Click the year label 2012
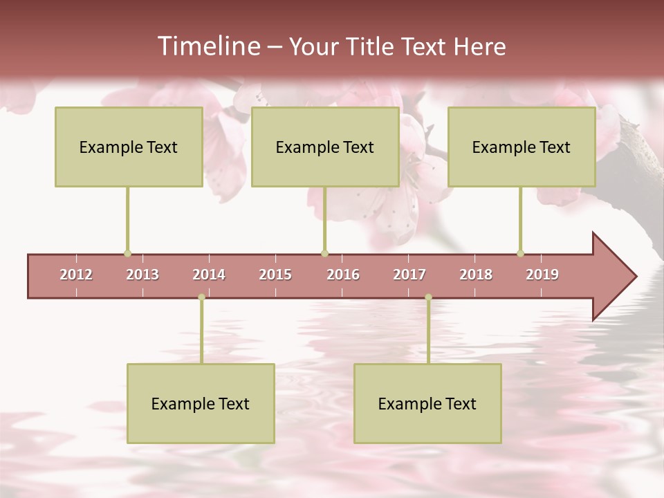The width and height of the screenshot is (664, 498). coord(76,275)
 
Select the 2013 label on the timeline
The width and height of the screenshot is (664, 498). coord(142,275)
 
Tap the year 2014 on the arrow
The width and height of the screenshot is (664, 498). coord(209,275)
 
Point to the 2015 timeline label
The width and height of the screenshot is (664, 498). coord(275,275)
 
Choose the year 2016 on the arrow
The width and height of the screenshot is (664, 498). coord(343,275)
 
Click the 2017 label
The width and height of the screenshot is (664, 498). coord(409,275)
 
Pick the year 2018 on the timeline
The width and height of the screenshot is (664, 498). coord(476,275)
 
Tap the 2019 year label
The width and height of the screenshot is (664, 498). coord(542,275)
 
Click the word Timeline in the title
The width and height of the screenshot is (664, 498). coord(207,46)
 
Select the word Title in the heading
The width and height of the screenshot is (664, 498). coord(370,46)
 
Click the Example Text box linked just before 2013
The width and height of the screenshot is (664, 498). coord(129,147)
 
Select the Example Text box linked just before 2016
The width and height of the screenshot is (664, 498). coord(325,147)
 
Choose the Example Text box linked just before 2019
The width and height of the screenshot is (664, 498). coord(522,147)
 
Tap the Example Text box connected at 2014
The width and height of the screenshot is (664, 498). coord(201,403)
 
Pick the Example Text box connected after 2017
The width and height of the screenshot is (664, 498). coord(427,403)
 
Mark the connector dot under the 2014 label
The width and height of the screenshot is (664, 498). coord(201,297)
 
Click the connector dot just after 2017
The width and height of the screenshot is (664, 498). coord(428,297)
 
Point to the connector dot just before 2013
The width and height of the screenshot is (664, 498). coord(127,254)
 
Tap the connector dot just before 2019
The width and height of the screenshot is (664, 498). coord(520,254)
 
